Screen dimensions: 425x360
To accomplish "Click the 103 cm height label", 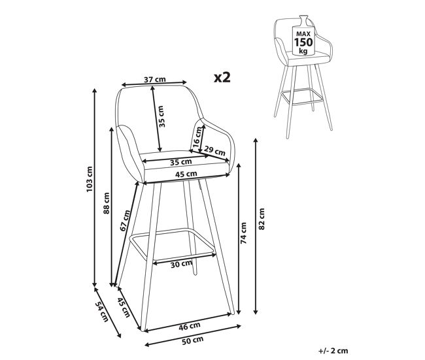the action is tap(90, 179).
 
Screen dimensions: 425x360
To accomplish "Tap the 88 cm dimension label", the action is tap(107, 203).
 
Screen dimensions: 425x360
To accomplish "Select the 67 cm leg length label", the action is tap(126, 220).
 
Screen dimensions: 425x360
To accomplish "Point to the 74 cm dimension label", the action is tap(243, 233).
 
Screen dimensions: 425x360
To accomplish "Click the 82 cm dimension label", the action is tap(261, 219).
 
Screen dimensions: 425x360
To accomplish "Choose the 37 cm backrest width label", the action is tap(154, 80).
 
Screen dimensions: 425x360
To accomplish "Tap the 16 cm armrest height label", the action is tap(197, 137).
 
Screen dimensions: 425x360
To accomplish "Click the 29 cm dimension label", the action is tap(214, 151).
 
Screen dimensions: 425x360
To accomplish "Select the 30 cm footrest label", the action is tap(181, 264).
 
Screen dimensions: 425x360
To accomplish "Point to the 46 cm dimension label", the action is tap(190, 326).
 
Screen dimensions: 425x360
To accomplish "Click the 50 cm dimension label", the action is tap(192, 340).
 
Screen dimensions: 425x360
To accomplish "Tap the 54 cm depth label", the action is tap(101, 312).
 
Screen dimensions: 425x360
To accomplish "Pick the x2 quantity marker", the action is tap(222, 78).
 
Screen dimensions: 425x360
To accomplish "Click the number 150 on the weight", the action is tap(303, 42).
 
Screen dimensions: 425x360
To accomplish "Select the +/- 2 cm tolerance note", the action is tap(333, 351).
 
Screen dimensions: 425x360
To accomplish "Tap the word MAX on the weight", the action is tap(303, 34).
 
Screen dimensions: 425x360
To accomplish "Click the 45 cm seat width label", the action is tap(186, 174).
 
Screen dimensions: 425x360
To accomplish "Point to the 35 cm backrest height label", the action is tap(161, 116).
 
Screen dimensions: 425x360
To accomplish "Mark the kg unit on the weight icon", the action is tap(303, 51).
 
